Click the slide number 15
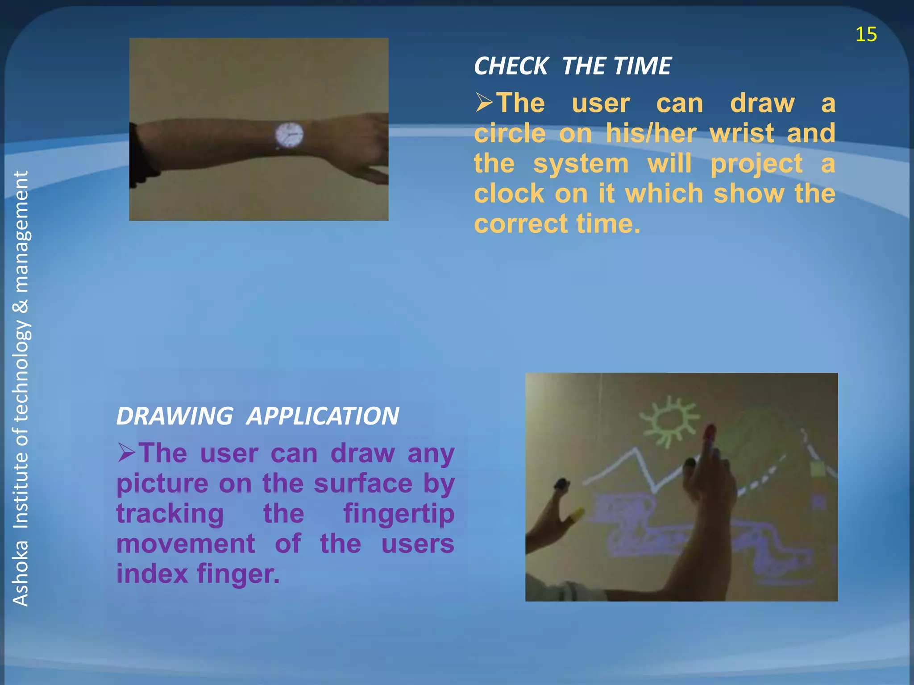click(866, 34)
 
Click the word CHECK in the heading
click(511, 66)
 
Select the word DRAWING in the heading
click(174, 416)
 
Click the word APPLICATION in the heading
click(323, 416)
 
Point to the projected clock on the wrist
click(289, 135)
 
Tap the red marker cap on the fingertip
click(710, 433)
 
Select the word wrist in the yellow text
click(741, 133)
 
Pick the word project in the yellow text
click(756, 164)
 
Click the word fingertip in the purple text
click(399, 514)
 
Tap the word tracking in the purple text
click(170, 514)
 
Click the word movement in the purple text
click(186, 544)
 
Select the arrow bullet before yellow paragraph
click(484, 103)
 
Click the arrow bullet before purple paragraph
click(126, 452)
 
